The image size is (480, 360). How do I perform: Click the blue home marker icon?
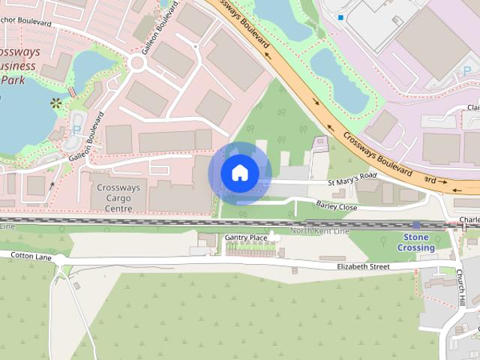pyautogui.click(x=240, y=173)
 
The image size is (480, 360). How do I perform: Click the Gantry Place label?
pyautogui.click(x=246, y=238)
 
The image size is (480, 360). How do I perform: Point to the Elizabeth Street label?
pyautogui.click(x=364, y=266)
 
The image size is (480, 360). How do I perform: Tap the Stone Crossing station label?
pyautogui.click(x=416, y=242)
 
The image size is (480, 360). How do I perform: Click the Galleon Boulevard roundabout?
pyautogui.click(x=136, y=64)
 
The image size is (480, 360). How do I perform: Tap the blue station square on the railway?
pyautogui.click(x=416, y=225)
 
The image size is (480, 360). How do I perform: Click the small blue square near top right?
pyautogui.click(x=340, y=17)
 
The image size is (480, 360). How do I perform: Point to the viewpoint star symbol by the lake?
pyautogui.click(x=55, y=103)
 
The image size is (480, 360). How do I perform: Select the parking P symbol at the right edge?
pyautogui.click(x=467, y=70)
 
